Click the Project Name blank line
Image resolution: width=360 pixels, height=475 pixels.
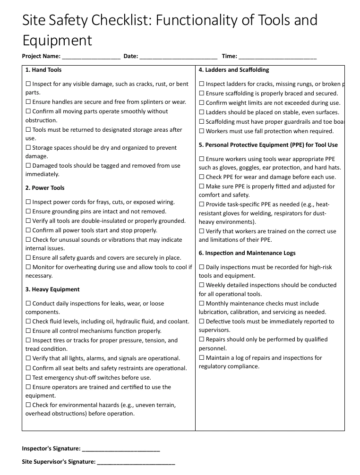91,57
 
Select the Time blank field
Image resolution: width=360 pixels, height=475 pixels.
277,57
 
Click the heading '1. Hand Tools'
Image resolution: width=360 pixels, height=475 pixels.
43,70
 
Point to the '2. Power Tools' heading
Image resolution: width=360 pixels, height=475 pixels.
45,188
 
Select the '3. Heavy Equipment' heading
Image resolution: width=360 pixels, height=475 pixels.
52,289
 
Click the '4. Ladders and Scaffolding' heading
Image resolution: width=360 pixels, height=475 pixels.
234,70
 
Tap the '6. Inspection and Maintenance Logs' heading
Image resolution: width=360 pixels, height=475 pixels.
247,253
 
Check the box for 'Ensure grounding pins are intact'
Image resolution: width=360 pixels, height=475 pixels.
28,212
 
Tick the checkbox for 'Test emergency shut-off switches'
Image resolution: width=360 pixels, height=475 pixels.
28,378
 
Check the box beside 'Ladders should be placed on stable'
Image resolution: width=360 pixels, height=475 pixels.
202,112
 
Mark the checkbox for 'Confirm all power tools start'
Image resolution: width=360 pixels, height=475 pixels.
28,230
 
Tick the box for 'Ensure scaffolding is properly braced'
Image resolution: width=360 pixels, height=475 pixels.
202,93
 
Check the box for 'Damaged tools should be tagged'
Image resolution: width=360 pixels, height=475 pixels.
28,166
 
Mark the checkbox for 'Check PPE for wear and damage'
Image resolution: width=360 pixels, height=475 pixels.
202,177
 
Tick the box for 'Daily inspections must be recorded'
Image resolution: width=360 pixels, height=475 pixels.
202,267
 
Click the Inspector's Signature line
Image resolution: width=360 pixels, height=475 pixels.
121,449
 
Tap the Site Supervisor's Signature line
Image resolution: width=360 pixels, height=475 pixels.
136,462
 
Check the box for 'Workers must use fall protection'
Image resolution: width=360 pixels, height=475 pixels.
202,131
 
